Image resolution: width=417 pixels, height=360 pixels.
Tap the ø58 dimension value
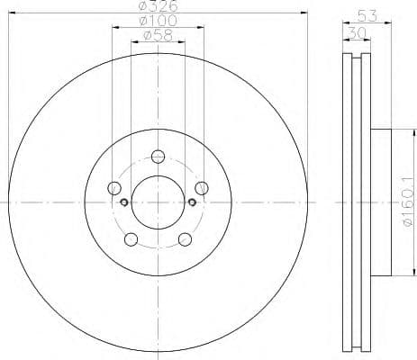[x=159, y=37]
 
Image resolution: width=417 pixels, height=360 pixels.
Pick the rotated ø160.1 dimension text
[x=406, y=203]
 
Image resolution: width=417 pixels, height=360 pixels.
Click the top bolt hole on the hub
[x=159, y=155]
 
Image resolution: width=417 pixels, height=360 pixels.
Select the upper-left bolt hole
[x=114, y=187]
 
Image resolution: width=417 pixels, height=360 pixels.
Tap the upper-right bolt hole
[x=203, y=187]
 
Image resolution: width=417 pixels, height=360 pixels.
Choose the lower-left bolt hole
[x=131, y=238]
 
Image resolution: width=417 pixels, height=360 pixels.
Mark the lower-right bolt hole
[x=186, y=238]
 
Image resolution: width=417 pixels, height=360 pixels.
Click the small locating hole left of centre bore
[x=123, y=202]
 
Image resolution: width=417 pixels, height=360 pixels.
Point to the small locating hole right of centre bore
[x=194, y=202]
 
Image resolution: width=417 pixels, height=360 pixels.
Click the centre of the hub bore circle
[x=159, y=202]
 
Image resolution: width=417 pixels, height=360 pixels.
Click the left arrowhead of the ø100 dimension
[x=113, y=28]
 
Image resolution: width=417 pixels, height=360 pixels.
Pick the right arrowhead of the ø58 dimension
[x=184, y=42]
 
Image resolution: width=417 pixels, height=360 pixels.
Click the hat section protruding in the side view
[x=382, y=203]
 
